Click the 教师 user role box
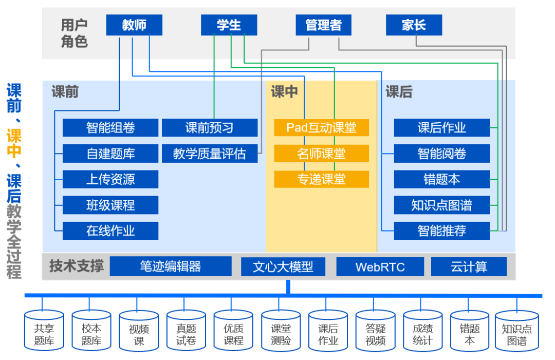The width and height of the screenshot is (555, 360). click(134, 25)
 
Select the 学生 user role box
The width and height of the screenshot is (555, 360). click(229, 25)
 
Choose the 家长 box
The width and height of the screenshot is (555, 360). click(414, 25)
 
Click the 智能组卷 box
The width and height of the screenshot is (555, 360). click(110, 128)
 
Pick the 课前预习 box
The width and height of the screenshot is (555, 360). click(210, 128)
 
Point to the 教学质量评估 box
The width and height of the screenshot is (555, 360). click(210, 154)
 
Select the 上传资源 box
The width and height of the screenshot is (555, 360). click(110, 179)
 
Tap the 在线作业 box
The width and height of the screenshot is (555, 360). click(110, 231)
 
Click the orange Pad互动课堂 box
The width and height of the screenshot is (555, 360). click(321, 127)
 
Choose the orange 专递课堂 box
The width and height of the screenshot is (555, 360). click(321, 179)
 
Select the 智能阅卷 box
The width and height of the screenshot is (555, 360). click(441, 154)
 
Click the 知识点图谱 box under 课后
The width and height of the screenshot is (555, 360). click(441, 205)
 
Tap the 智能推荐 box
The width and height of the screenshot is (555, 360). click(441, 231)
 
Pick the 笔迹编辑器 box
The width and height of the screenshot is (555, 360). click(171, 267)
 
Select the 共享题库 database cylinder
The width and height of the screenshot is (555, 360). click(44, 331)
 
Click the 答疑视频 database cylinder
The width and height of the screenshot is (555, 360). click(375, 331)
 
